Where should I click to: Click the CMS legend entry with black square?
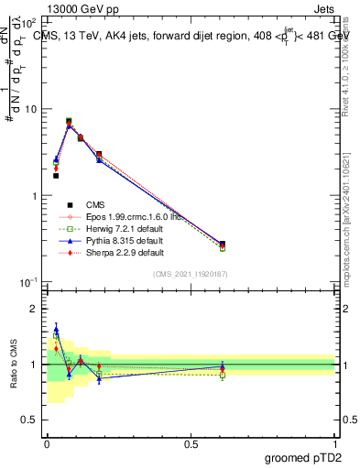click(x=95, y=204)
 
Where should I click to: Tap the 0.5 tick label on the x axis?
click(x=191, y=442)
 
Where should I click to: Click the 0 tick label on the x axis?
click(x=47, y=442)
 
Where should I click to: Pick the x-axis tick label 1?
click(x=335, y=442)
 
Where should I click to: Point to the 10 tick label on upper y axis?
click(x=31, y=109)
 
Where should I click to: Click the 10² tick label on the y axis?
click(x=30, y=23)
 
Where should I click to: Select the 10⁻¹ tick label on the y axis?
click(x=29, y=282)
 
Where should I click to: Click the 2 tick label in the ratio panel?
click(x=34, y=309)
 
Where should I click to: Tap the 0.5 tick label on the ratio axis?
click(x=29, y=420)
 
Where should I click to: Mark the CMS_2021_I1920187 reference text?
click(x=191, y=274)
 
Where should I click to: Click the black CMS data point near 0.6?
click(x=223, y=244)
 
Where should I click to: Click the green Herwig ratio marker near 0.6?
click(x=223, y=374)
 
